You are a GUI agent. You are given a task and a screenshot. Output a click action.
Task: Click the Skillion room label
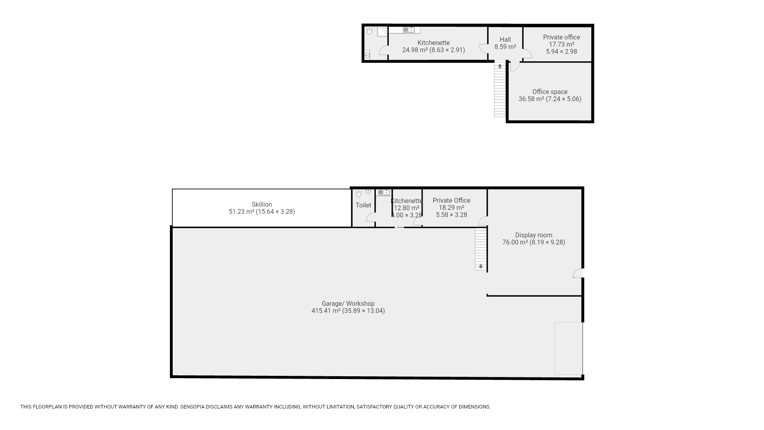coord(262,204)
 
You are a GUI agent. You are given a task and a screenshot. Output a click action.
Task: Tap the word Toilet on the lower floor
coord(363,205)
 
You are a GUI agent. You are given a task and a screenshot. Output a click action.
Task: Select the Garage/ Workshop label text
coord(348,303)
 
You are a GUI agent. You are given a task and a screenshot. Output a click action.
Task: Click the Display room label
coord(534,235)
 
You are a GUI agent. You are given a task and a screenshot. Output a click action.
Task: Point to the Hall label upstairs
coord(505,39)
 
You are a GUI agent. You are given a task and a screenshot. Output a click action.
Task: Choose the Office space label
coord(550,92)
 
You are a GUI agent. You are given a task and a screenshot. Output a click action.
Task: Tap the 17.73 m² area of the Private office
coord(561,44)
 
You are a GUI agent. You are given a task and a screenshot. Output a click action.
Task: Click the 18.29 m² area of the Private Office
coord(451,207)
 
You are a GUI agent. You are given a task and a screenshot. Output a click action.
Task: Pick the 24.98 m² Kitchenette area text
coord(415,50)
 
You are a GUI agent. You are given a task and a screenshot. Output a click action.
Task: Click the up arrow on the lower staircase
coord(481,266)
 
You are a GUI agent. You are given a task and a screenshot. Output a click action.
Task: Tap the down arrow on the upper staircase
coord(500,66)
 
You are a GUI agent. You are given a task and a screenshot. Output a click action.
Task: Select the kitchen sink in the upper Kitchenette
coord(409,29)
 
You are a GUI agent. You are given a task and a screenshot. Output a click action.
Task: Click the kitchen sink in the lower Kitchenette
coord(384,192)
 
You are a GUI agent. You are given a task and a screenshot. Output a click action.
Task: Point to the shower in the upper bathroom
coord(382,31)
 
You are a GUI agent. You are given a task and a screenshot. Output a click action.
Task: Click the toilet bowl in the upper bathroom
coord(369,31)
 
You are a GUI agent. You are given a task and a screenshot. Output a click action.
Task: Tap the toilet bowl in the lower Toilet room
coord(359,193)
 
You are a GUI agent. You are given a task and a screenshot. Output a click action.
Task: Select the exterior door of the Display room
coord(578,273)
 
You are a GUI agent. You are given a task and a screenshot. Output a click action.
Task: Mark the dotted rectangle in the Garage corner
coord(569,348)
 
